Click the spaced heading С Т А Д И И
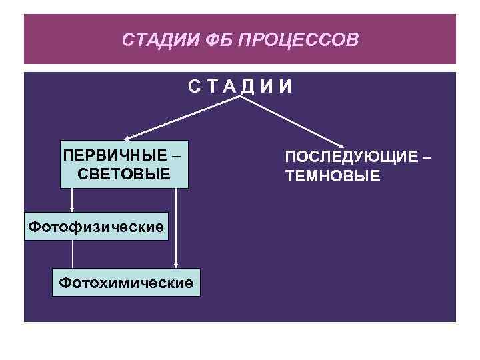[x=239, y=87]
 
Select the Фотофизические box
[x=95, y=227]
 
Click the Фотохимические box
[x=127, y=283]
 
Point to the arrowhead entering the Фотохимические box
[x=176, y=265]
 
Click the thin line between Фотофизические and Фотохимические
[x=72, y=253]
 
